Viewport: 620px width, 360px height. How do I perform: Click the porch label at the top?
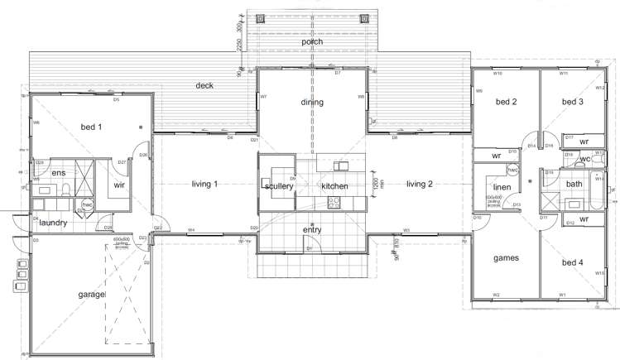[x=312, y=41]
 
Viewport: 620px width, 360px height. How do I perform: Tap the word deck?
[x=205, y=85]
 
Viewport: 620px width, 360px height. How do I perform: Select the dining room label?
[x=312, y=103]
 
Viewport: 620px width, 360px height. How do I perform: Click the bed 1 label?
[x=91, y=127]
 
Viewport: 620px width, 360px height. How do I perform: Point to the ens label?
[x=58, y=172]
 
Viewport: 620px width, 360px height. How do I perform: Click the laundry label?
[x=52, y=223]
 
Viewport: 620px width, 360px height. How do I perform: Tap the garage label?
[x=90, y=294]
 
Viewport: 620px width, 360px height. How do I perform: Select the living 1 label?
[x=204, y=184]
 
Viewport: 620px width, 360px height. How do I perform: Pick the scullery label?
[x=279, y=187]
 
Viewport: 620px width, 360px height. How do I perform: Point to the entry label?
[x=312, y=230]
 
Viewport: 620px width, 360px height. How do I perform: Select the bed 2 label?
[x=506, y=103]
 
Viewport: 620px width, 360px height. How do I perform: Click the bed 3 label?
[x=573, y=103]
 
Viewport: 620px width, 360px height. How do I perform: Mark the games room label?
[x=506, y=258]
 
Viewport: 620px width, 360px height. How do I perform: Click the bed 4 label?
[x=573, y=263]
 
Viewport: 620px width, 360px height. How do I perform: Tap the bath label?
[x=574, y=184]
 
